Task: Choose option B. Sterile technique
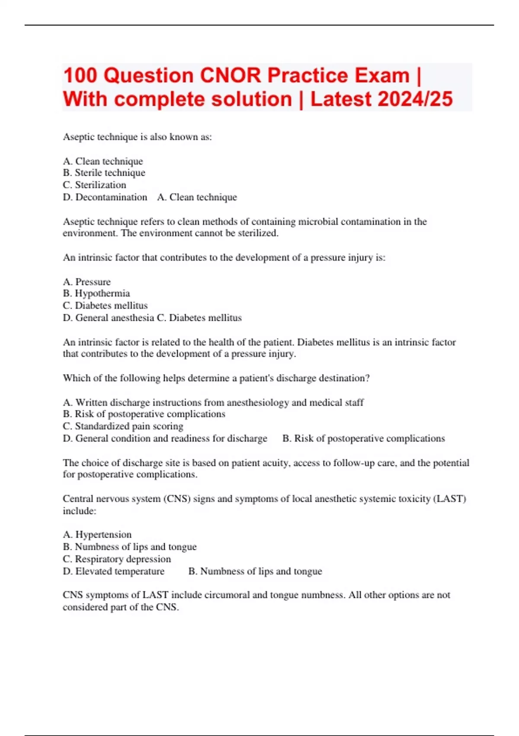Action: point(104,173)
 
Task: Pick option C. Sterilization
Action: point(95,185)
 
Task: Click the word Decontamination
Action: point(111,197)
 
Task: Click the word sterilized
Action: point(259,233)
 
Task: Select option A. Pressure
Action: point(87,282)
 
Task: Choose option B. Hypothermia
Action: point(96,294)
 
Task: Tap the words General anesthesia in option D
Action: point(115,318)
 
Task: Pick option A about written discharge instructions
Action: point(213,403)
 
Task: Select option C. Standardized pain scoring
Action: point(123,426)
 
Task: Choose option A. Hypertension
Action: point(97,535)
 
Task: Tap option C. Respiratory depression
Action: point(117,559)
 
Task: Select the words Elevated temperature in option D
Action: point(120,571)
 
